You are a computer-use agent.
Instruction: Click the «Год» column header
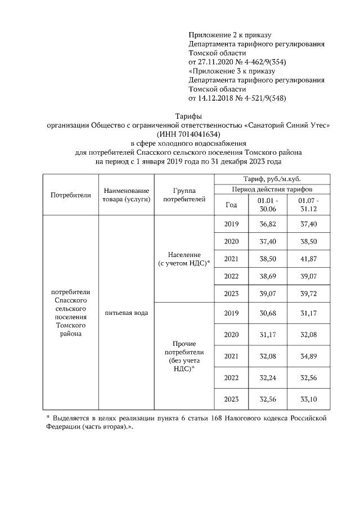231,205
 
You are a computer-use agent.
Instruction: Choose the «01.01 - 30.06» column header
267,205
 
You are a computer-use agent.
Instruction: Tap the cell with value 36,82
267,224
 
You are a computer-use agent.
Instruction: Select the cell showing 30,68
267,313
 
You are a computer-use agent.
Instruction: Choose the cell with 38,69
267,277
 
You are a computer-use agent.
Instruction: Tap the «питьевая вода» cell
127,312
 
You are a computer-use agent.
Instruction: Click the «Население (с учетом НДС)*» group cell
184,259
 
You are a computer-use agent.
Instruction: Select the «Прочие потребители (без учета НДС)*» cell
184,356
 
